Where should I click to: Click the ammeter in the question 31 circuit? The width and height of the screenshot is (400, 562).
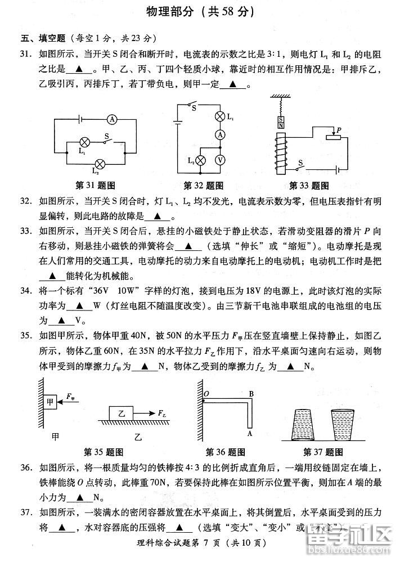[112, 119]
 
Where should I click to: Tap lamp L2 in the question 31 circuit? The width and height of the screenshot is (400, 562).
[100, 164]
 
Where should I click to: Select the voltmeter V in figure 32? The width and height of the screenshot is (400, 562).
[221, 160]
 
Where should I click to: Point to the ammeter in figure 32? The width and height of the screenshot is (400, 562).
[221, 135]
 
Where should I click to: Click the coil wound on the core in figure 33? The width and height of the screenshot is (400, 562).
[280, 149]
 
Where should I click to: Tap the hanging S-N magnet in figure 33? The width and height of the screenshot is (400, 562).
[280, 122]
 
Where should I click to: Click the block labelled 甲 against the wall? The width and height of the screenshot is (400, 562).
[50, 402]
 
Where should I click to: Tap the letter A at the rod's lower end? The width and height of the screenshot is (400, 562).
[249, 434]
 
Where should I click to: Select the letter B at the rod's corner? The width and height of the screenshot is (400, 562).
[251, 393]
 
